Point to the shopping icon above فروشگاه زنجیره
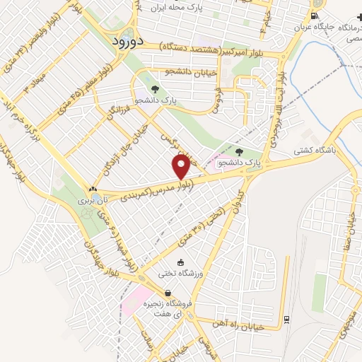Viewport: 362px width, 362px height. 168,293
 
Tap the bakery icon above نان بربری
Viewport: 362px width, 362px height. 93,189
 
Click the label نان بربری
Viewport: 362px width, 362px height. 90,202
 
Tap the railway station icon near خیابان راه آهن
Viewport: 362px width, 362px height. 285,319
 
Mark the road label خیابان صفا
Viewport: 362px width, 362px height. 347,217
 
